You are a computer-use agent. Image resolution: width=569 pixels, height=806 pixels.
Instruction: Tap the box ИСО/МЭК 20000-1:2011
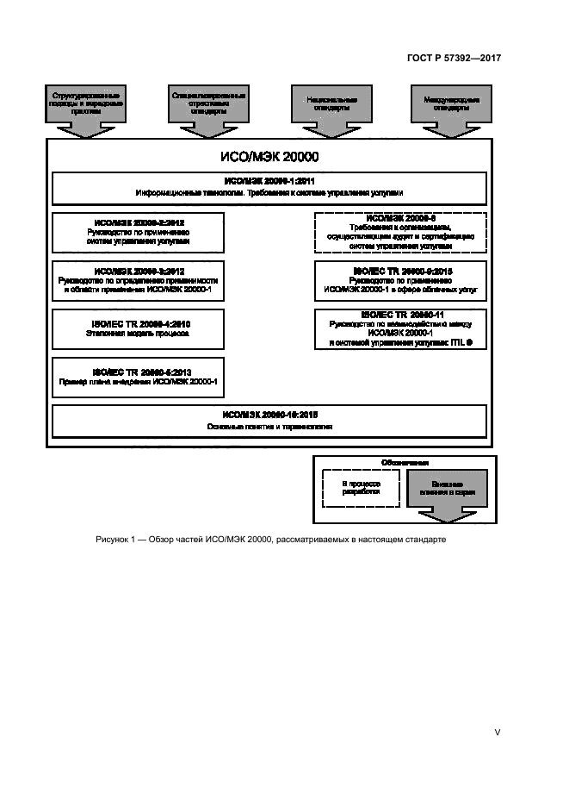(x=270, y=187)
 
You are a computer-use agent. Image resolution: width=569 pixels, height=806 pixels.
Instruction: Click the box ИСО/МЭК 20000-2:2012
(x=138, y=233)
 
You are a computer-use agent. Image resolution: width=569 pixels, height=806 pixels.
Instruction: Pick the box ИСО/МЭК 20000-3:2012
(x=138, y=281)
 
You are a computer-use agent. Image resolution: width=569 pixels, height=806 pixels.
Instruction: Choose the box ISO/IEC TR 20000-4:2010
(x=138, y=328)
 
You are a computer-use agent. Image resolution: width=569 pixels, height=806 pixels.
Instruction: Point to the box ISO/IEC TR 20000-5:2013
(x=138, y=377)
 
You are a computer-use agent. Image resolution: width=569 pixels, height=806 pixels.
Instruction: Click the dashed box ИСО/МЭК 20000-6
(x=401, y=233)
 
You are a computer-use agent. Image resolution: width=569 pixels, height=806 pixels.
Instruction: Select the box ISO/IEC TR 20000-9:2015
(x=401, y=281)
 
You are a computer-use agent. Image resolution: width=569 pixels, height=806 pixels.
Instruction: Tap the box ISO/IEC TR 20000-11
(x=401, y=329)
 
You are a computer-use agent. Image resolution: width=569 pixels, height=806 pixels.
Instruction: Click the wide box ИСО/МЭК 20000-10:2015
(x=270, y=421)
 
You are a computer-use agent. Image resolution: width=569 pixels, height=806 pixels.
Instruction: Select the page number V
(x=497, y=732)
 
